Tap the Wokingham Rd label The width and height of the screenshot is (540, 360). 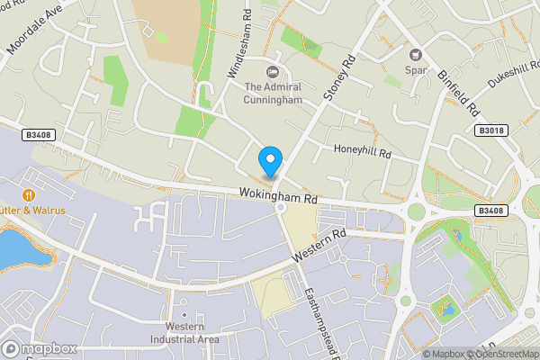tap(279, 194)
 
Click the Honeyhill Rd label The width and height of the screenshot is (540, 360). tap(362, 150)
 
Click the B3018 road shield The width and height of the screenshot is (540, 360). tap(490, 130)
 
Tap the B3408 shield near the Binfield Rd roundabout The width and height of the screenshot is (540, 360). tap(490, 211)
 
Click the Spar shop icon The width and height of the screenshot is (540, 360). tap(415, 54)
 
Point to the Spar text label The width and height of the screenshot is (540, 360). tap(416, 70)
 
